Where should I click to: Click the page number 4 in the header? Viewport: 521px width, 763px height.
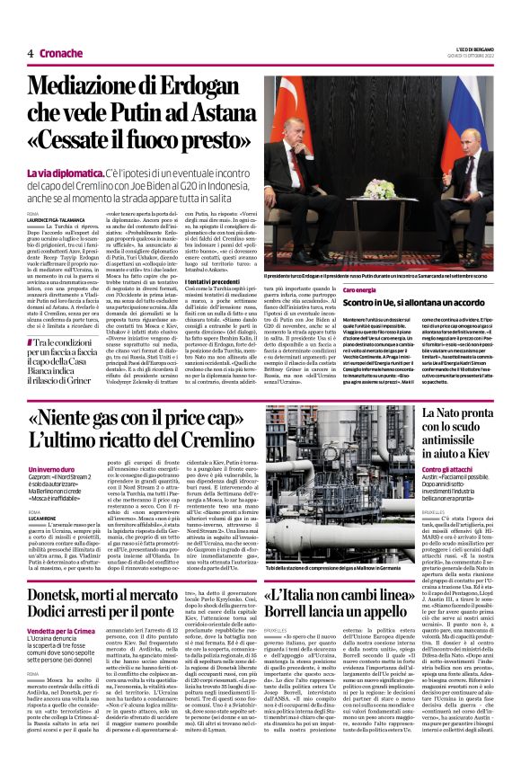(30, 53)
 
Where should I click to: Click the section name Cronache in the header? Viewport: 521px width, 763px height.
(60, 53)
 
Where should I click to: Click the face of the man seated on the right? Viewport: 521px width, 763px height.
(442, 136)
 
